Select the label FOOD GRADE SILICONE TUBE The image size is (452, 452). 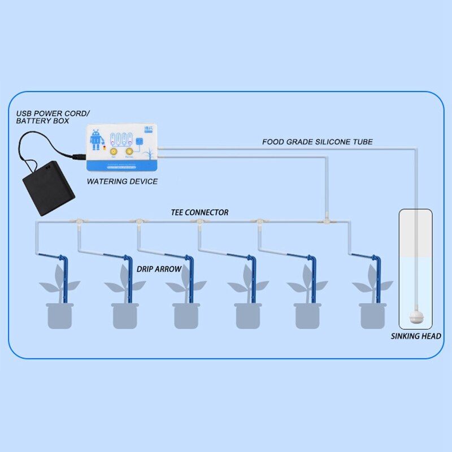pos(317,142)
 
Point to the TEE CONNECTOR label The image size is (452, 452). pos(199,212)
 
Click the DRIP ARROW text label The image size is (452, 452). pos(159,270)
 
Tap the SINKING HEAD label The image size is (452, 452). pos(416,336)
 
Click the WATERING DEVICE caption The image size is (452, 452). pos(121,181)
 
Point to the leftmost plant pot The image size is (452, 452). pos(59,315)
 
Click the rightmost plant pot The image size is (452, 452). pos(372,315)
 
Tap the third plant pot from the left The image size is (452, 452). pos(186,315)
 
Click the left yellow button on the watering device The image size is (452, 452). pos(112,151)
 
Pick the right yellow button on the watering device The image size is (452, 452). pos(129,151)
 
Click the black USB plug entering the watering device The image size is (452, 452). pos(77,154)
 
